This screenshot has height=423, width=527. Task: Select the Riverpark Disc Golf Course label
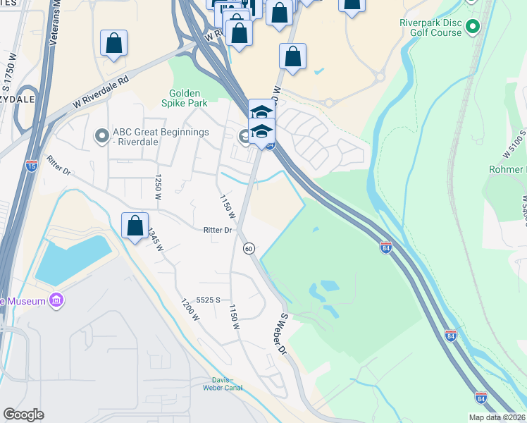(430, 28)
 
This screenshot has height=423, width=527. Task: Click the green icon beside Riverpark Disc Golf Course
(473, 28)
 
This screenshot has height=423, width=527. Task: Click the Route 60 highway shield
(249, 248)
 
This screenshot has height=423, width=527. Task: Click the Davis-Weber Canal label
(222, 384)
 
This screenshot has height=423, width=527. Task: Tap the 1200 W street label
(190, 308)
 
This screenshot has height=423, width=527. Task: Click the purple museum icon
(57, 302)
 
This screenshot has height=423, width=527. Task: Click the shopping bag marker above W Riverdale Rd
(113, 44)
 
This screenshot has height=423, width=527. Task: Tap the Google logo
(23, 415)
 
